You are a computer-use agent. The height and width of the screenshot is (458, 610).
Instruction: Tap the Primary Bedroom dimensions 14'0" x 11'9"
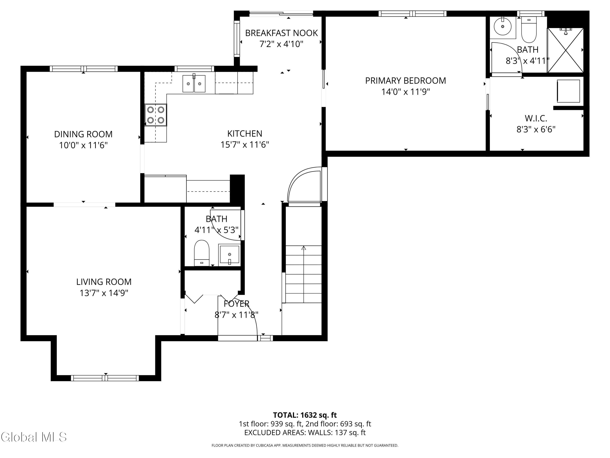click(406, 92)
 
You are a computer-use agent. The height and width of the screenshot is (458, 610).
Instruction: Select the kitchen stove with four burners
click(156, 115)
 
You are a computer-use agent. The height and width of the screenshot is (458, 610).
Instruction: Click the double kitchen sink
click(194, 83)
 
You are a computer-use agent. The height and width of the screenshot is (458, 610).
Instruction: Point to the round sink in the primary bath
click(502, 26)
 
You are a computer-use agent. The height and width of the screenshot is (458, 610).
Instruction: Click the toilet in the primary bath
click(529, 30)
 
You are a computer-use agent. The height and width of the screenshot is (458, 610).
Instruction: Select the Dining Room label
click(83, 134)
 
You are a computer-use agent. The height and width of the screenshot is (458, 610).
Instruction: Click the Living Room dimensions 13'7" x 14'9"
click(104, 293)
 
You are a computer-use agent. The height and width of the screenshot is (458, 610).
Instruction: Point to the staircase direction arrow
click(304, 274)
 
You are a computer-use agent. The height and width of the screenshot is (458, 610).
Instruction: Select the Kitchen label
click(245, 134)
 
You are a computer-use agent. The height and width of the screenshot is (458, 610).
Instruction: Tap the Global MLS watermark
click(34, 437)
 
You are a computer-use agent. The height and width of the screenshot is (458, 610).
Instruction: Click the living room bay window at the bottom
click(105, 378)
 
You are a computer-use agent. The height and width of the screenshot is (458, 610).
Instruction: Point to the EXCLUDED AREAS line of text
click(305, 432)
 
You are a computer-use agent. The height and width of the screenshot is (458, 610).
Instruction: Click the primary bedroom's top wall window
click(413, 13)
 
